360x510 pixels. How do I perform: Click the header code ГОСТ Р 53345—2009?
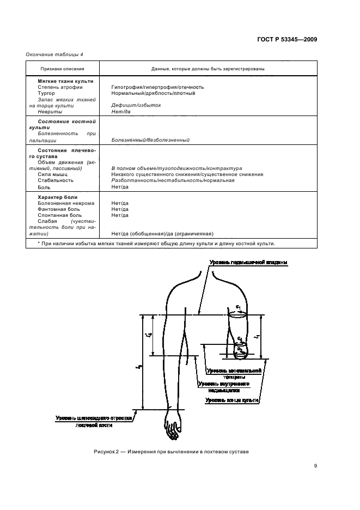(288, 39)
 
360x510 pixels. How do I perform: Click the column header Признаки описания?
(62, 69)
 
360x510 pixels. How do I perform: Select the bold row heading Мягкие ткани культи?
(65, 81)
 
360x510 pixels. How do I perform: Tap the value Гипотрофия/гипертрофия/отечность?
(157, 87)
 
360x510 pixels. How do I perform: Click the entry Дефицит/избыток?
(136, 105)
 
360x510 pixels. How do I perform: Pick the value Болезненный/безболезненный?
(150, 140)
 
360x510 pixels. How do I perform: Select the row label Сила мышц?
(53, 174)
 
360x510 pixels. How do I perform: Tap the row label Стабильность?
(56, 180)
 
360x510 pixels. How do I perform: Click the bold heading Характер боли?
(58, 197)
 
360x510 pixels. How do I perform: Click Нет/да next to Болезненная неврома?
(120, 203)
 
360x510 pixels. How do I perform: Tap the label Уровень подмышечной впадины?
(248, 263)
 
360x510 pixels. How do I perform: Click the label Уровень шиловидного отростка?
(94, 418)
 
